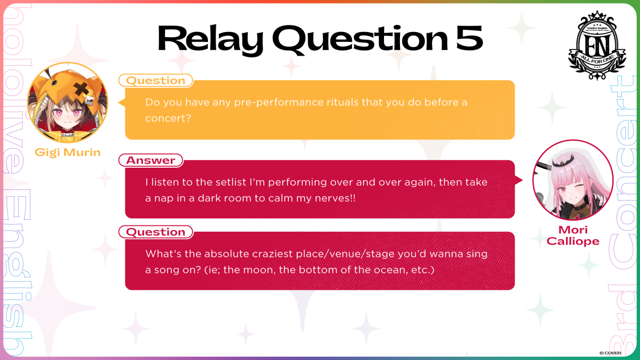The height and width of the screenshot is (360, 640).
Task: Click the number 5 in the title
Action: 469,37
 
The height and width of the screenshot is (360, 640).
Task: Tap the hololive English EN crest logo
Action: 597,45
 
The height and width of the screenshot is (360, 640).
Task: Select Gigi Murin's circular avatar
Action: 68,102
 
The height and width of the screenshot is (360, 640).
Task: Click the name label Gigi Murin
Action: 68,153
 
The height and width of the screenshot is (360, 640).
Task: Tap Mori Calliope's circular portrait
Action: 573,180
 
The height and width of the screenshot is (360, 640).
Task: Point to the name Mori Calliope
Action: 573,236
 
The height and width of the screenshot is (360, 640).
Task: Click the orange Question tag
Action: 156,80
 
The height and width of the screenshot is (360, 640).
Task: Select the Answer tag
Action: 151,160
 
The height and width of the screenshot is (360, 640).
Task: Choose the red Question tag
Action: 156,232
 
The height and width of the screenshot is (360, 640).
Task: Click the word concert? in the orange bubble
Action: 168,118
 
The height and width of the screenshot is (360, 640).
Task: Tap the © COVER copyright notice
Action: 610,353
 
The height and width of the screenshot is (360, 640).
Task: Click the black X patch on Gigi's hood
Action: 81,89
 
